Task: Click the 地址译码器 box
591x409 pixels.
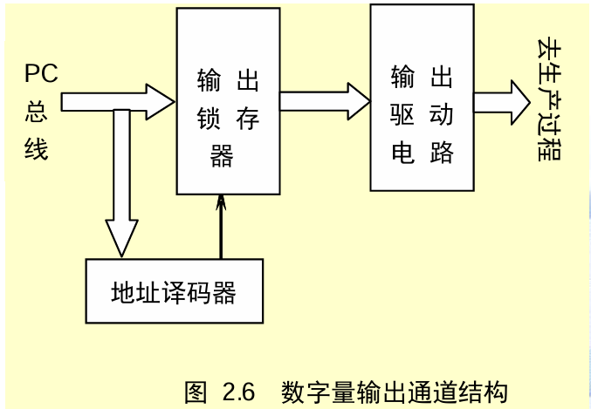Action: [175, 291]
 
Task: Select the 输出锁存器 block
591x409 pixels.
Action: [228, 100]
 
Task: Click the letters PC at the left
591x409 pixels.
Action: [41, 73]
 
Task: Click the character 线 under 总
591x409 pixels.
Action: [37, 149]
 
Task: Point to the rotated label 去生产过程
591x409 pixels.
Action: [551, 100]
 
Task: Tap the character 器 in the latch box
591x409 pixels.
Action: [223, 156]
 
